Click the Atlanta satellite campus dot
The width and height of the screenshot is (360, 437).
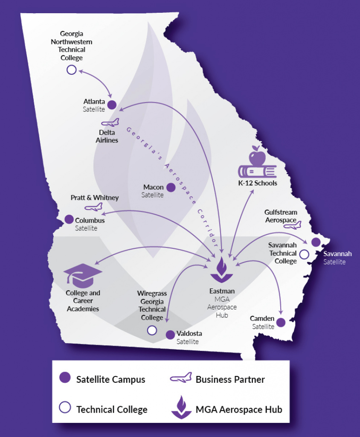pyautogui.click(x=112, y=105)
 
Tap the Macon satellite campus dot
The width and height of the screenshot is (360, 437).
pyautogui.click(x=171, y=187)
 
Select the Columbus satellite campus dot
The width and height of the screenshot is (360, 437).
pyautogui.click(x=69, y=219)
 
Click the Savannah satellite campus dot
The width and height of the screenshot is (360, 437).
pyautogui.click(x=316, y=242)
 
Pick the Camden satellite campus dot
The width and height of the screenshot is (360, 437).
pyautogui.click(x=281, y=323)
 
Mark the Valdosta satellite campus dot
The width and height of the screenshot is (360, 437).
pyautogui.click(x=170, y=334)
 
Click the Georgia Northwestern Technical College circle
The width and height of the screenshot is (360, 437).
pyautogui.click(x=71, y=70)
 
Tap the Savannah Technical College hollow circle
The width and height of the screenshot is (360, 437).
pyautogui.click(x=304, y=254)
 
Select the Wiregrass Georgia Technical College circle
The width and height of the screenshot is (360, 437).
pyautogui.click(x=152, y=330)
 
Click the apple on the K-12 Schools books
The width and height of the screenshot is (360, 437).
pyautogui.click(x=257, y=157)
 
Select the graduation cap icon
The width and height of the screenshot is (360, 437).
pyautogui.click(x=83, y=274)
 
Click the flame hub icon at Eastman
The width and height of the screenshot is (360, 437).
pyautogui.click(x=221, y=271)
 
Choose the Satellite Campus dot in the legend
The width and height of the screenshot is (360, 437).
pyautogui.click(x=65, y=378)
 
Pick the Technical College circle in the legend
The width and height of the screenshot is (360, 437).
pyautogui.click(x=65, y=408)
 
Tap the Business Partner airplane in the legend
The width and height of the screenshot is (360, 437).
pyautogui.click(x=180, y=378)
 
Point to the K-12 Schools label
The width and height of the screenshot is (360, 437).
pyautogui.click(x=258, y=183)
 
